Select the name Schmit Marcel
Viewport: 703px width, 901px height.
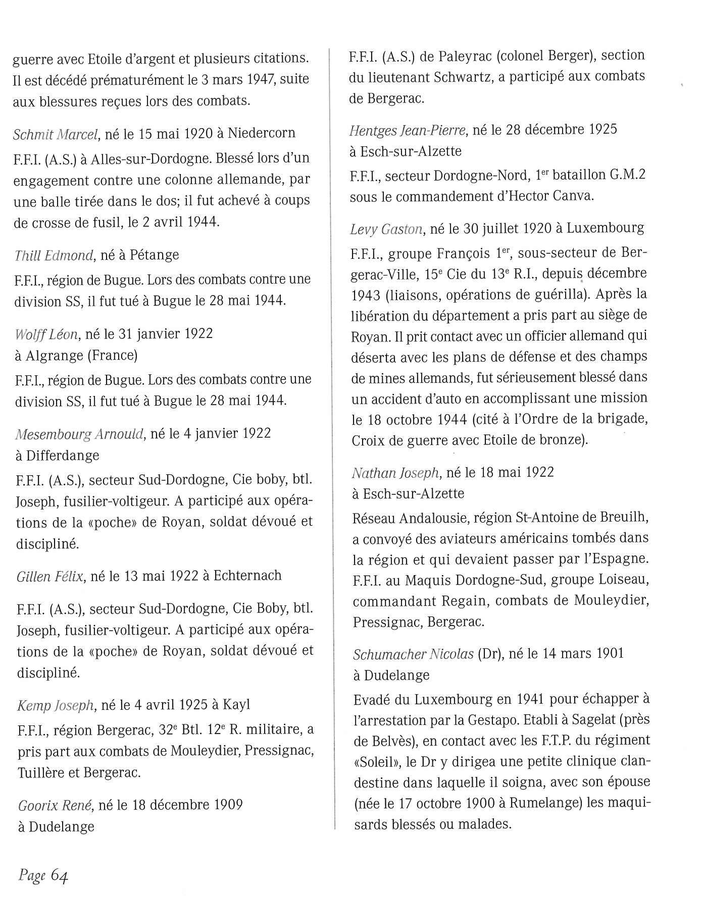(55, 134)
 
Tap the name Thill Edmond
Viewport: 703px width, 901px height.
(54, 255)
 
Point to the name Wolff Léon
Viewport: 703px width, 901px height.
(46, 334)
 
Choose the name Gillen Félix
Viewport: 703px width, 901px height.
(49, 576)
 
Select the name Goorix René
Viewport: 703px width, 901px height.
(55, 805)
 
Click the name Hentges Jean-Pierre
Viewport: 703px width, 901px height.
(407, 131)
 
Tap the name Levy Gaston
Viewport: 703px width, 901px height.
(386, 230)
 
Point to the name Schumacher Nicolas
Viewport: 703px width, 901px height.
(413, 654)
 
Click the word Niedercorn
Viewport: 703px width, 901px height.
(261, 134)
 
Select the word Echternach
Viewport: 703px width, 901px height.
(247, 576)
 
